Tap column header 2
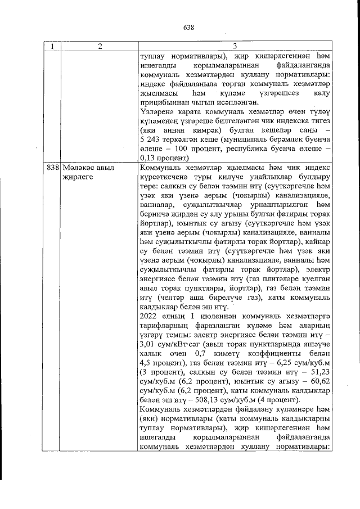pos(98,47)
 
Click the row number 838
pos(52,169)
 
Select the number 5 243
pos(148,138)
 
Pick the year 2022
pos(148,316)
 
